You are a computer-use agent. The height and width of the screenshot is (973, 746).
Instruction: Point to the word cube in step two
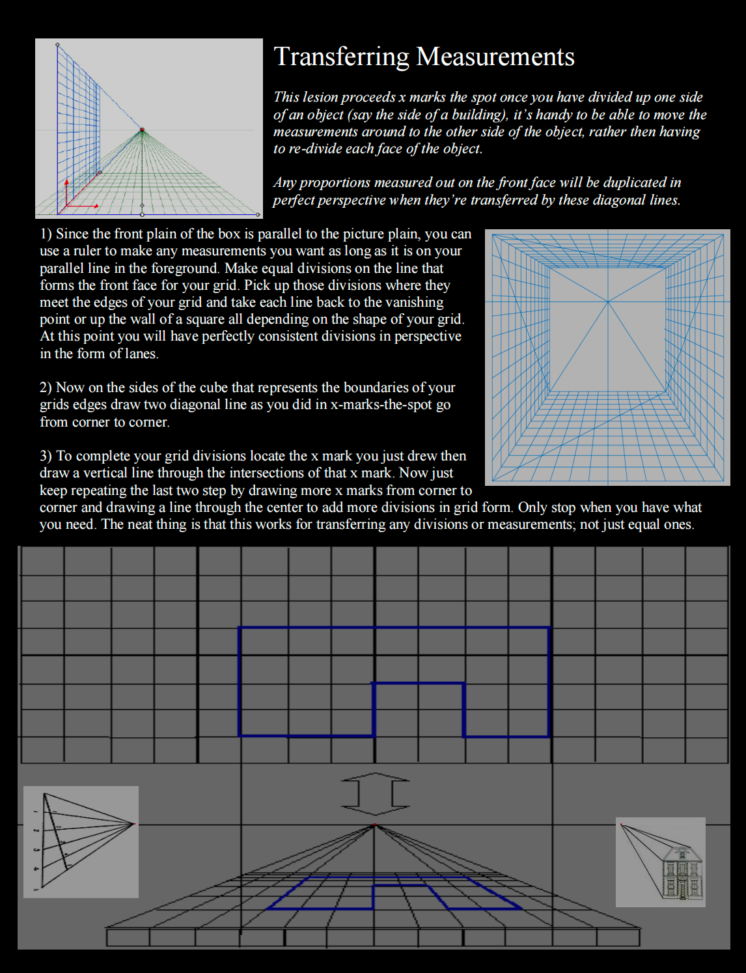click(x=210, y=388)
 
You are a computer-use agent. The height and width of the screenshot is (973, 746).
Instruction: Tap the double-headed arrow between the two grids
click(x=375, y=794)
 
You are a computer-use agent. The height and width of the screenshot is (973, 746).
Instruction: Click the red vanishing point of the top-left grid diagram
click(x=142, y=130)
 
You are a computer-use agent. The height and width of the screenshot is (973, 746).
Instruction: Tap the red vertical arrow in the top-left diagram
click(x=66, y=192)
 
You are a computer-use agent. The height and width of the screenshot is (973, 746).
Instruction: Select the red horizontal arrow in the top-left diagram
click(x=83, y=206)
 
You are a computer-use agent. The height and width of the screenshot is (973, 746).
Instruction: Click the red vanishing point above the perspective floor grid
click(x=374, y=825)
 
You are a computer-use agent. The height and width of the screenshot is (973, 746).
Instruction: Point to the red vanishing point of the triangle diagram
click(x=133, y=824)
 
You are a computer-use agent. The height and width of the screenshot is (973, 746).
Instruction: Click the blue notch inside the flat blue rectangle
click(x=419, y=709)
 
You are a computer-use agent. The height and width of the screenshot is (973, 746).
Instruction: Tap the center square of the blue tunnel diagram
click(x=608, y=330)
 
